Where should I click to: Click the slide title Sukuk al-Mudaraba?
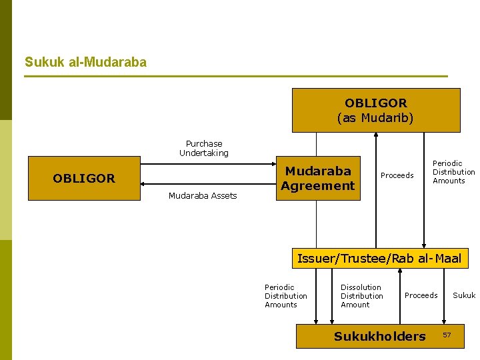coord(85,63)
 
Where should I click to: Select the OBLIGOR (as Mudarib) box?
coord(376,111)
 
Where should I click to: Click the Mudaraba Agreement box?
coord(318,178)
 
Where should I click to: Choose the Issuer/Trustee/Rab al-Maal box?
coord(379,259)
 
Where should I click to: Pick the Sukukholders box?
coord(379,337)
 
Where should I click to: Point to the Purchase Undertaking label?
coord(204,148)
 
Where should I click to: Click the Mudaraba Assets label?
coord(203,196)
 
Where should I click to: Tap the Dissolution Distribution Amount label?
coord(361,296)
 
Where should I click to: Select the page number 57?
coord(447,334)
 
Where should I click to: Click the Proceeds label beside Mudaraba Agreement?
coord(397,176)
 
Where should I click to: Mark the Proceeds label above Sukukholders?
coord(421,295)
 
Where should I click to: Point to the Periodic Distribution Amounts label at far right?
coord(453,172)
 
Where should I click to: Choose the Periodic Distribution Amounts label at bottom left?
coord(285,296)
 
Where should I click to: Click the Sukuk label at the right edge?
coord(464,295)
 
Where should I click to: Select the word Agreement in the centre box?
coord(318,186)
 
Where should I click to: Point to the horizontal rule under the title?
coord(236,76)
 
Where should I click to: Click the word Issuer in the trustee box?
coord(317,259)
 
